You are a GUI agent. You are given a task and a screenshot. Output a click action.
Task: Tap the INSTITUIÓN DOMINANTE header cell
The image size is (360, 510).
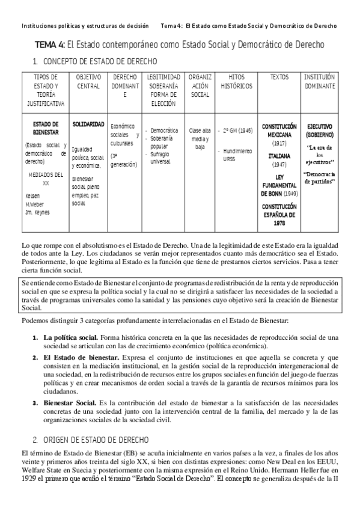coord(320,82)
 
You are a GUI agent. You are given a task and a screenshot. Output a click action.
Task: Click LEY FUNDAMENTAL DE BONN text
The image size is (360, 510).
coord(279,185)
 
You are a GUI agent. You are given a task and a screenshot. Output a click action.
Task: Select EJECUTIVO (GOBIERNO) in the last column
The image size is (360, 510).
coord(320,131)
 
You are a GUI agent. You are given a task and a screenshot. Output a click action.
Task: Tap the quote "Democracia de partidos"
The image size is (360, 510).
coord(320,177)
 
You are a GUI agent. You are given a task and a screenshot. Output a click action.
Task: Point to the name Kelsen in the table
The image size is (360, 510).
coord(33,196)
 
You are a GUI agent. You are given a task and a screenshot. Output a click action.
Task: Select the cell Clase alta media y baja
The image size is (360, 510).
coord(199,138)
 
